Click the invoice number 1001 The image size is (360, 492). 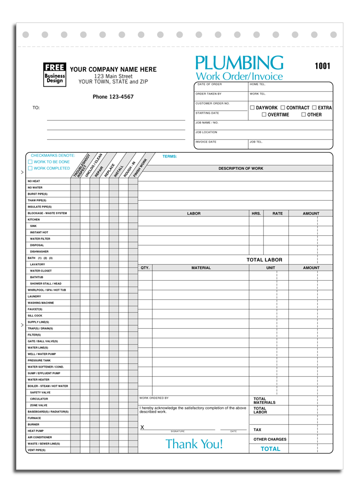pyautogui.click(x=322, y=66)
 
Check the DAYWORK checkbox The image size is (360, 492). pyautogui.click(x=253, y=108)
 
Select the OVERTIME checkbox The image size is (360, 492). pyautogui.click(x=264, y=115)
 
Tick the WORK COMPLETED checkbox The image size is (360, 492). pyautogui.click(x=30, y=169)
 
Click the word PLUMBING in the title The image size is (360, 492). pyautogui.click(x=239, y=64)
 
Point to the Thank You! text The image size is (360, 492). pyautogui.click(x=194, y=444)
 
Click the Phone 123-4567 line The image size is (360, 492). pyautogui.click(x=113, y=97)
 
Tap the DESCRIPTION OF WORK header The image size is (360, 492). pyautogui.click(x=240, y=169)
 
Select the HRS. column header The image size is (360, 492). pyautogui.click(x=256, y=213)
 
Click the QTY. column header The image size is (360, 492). pyautogui.click(x=145, y=268)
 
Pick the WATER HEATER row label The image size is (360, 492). pyautogui.click(x=38, y=380)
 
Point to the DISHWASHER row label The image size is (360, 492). pyautogui.click(x=39, y=252)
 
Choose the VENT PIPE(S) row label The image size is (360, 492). pyautogui.click(x=36, y=450)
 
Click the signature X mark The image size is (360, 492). pyautogui.click(x=142, y=427)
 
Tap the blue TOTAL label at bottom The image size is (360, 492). pyautogui.click(x=270, y=449)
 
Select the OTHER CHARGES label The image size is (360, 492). pyautogui.click(x=270, y=440)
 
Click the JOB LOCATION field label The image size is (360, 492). pyautogui.click(x=206, y=132)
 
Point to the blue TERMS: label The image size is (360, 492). pyautogui.click(x=170, y=156)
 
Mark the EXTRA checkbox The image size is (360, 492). pyautogui.click(x=314, y=108)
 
